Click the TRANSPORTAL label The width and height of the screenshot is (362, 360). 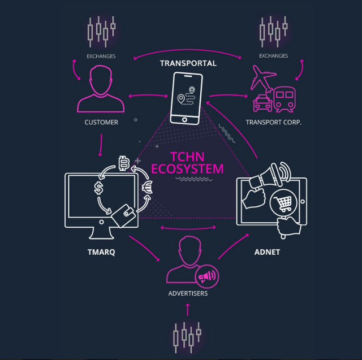[x=188, y=63]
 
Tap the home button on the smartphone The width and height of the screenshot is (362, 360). [x=184, y=119]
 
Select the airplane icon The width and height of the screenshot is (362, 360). [x=263, y=79]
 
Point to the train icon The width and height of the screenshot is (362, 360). [x=284, y=99]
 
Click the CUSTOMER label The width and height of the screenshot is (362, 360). [x=101, y=122]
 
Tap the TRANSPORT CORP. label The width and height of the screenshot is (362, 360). [x=274, y=122]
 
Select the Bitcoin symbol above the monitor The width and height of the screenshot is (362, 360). [x=124, y=163]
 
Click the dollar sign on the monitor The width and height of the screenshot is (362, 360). [x=99, y=188]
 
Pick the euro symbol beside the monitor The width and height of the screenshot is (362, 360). [x=147, y=187]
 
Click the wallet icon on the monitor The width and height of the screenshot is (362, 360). [x=123, y=215]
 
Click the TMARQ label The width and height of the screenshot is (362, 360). [x=101, y=252]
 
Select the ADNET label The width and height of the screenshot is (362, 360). [x=267, y=252]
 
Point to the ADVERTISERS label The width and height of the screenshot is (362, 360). [x=188, y=293]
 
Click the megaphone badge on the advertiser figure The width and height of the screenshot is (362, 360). [x=207, y=276]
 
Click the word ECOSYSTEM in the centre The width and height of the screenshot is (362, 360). [x=187, y=168]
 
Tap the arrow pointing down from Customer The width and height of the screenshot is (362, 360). [x=101, y=145]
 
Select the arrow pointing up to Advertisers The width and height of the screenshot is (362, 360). [x=188, y=310]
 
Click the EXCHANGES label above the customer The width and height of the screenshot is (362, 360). [x=101, y=56]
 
